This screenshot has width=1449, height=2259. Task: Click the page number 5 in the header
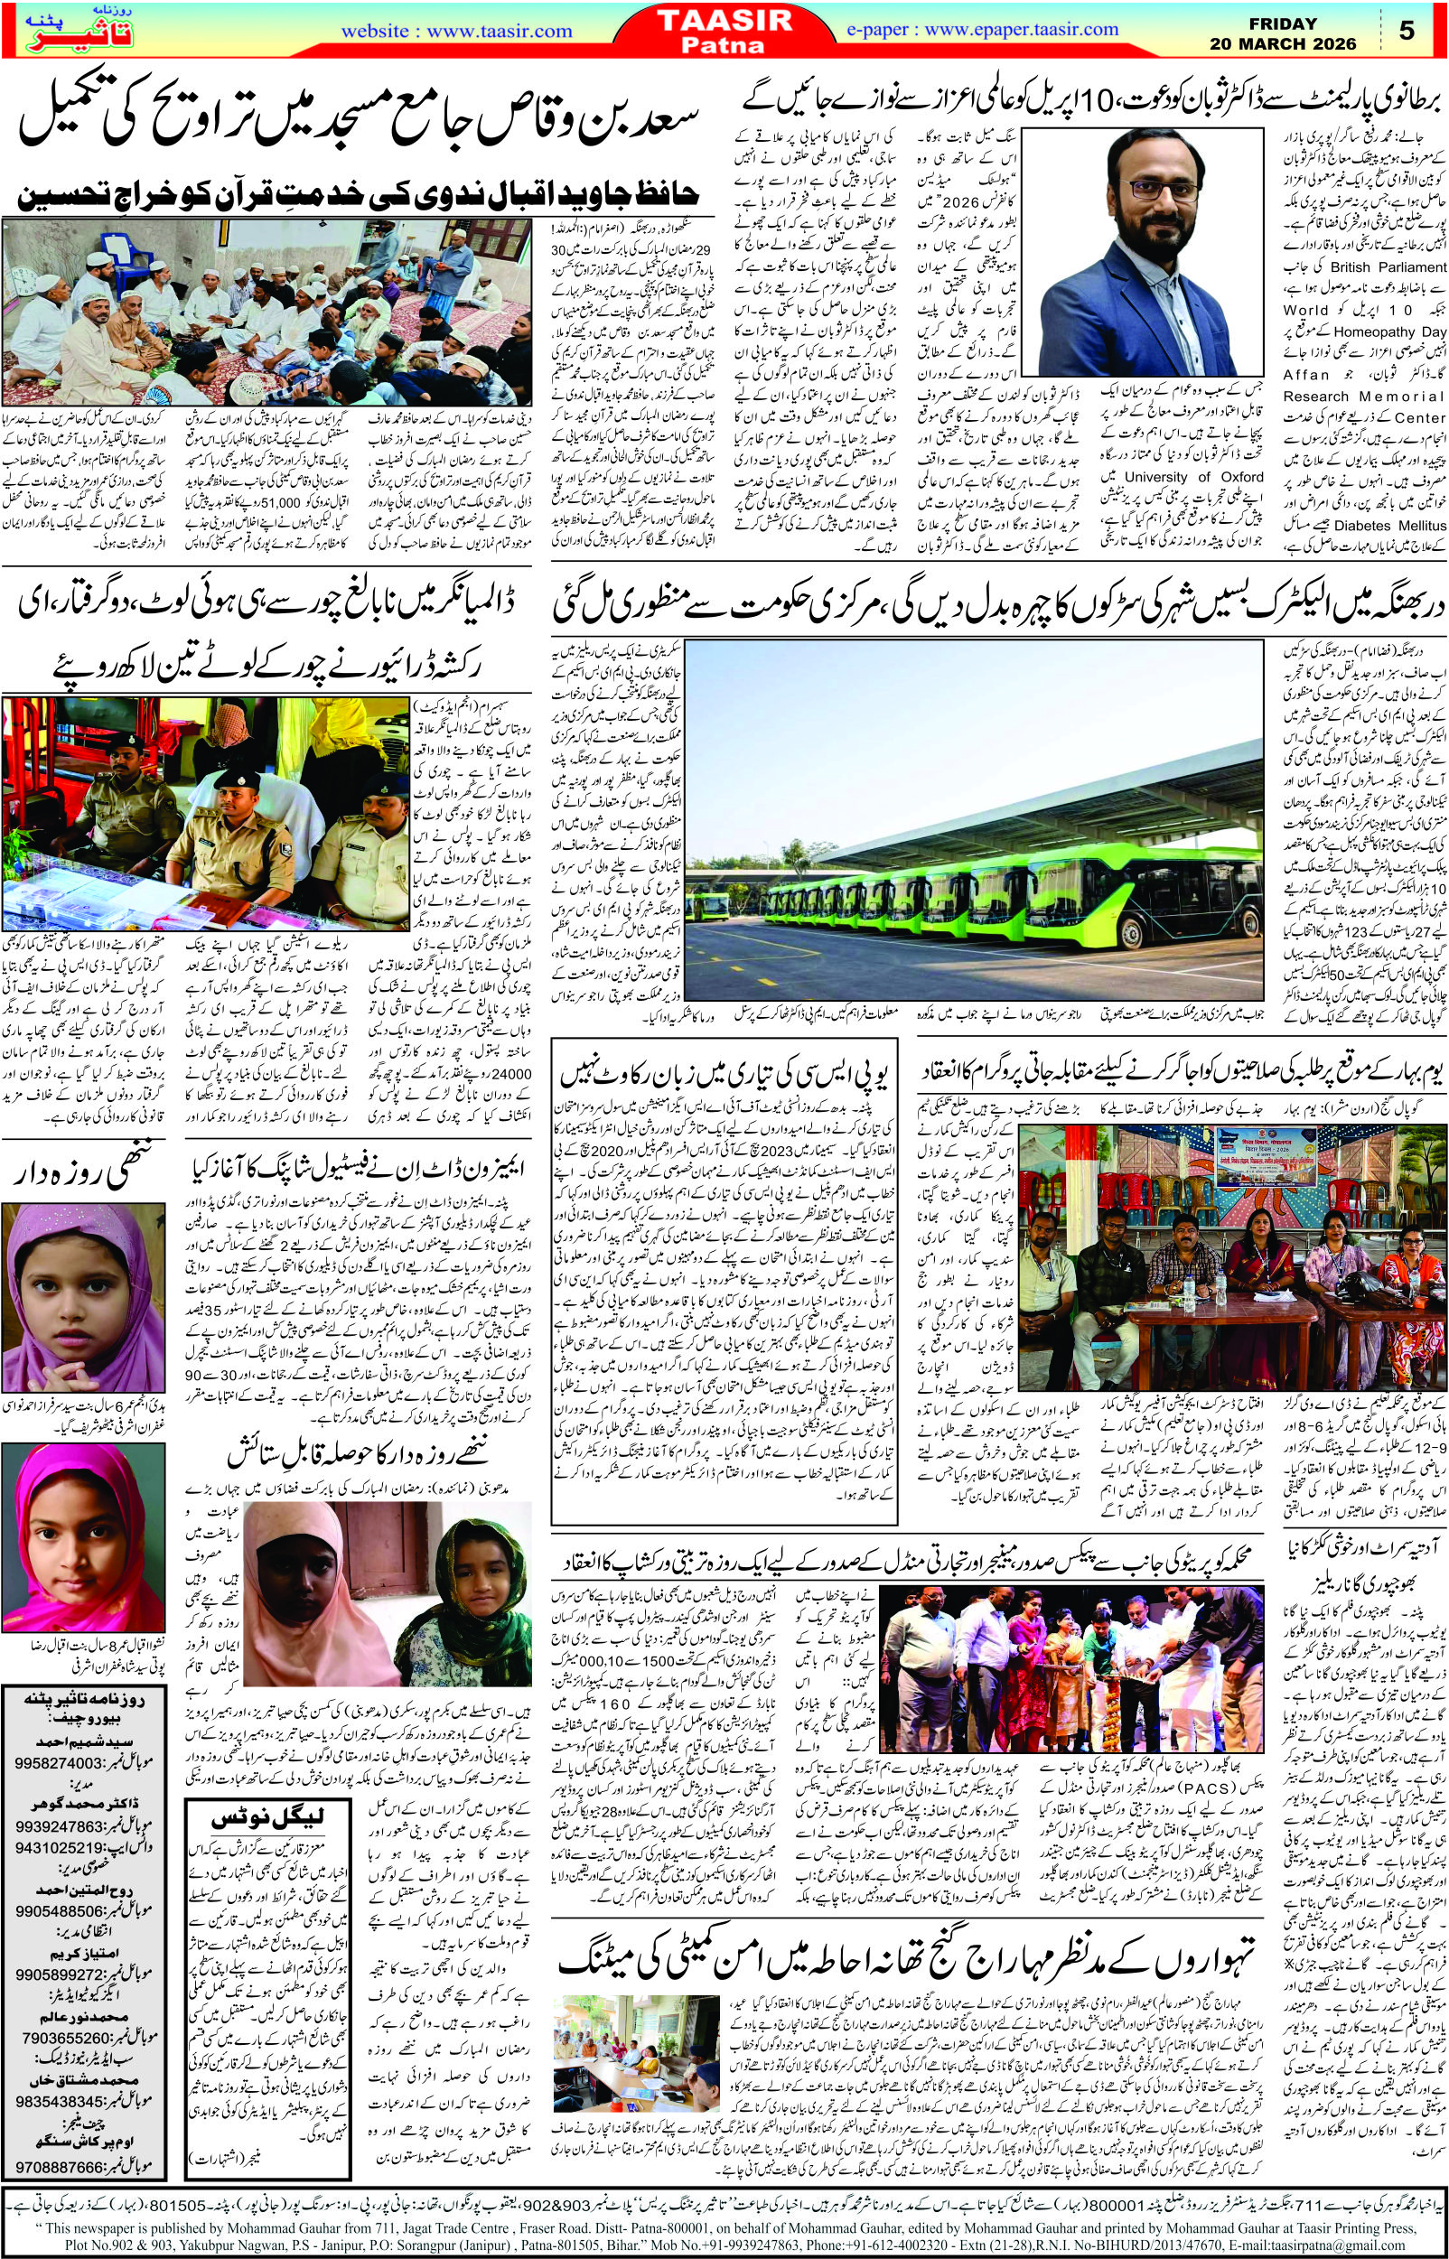point(1407,31)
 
